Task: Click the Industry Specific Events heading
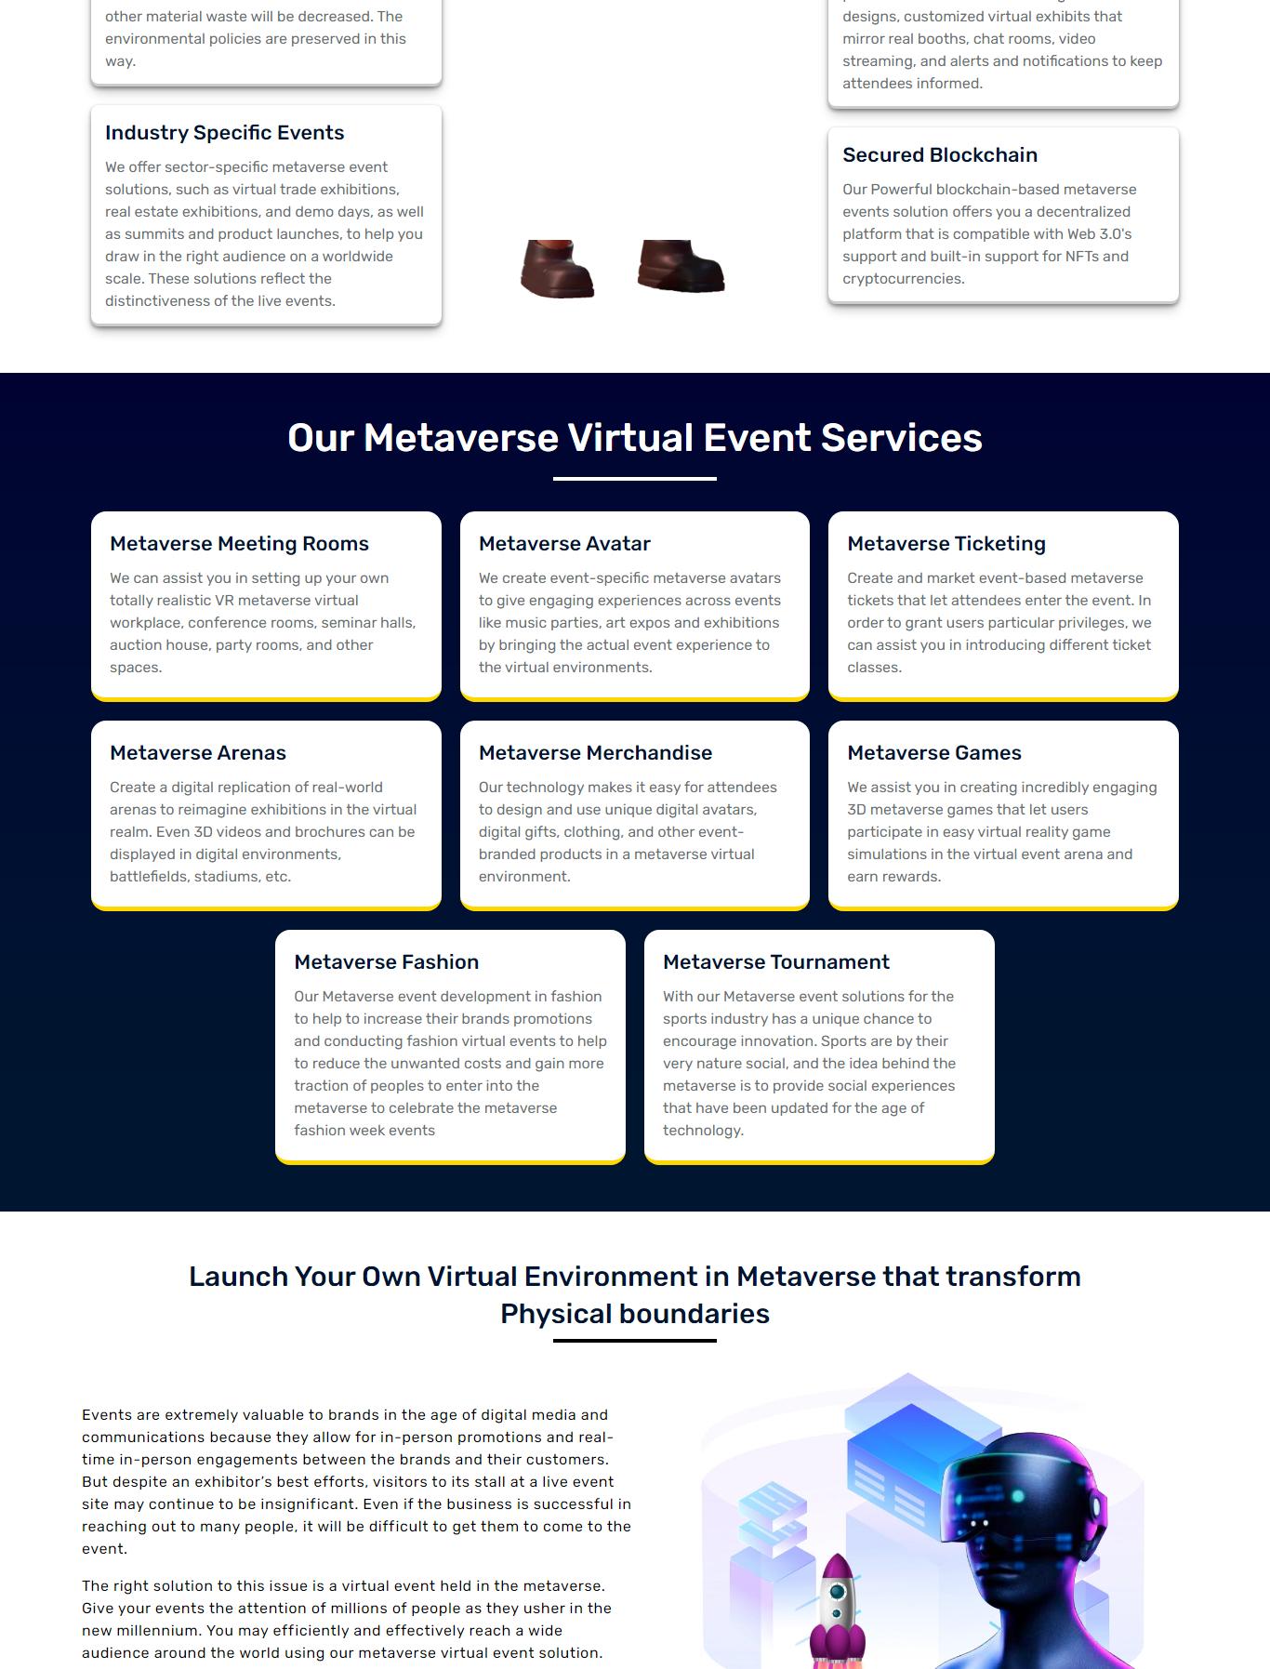224,133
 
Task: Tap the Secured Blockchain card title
939,155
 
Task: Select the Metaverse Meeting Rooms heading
239,544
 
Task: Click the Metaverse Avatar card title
564,544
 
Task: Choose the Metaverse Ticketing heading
946,544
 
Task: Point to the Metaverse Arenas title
197,753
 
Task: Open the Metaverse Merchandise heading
595,753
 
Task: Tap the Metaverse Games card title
933,753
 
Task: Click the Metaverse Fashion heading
386,962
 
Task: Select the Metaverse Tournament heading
775,962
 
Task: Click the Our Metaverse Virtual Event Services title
634,438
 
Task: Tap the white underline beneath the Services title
634,479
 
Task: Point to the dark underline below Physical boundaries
634,1341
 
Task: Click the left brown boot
557,270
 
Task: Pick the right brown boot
681,267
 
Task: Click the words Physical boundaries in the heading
634,1314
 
